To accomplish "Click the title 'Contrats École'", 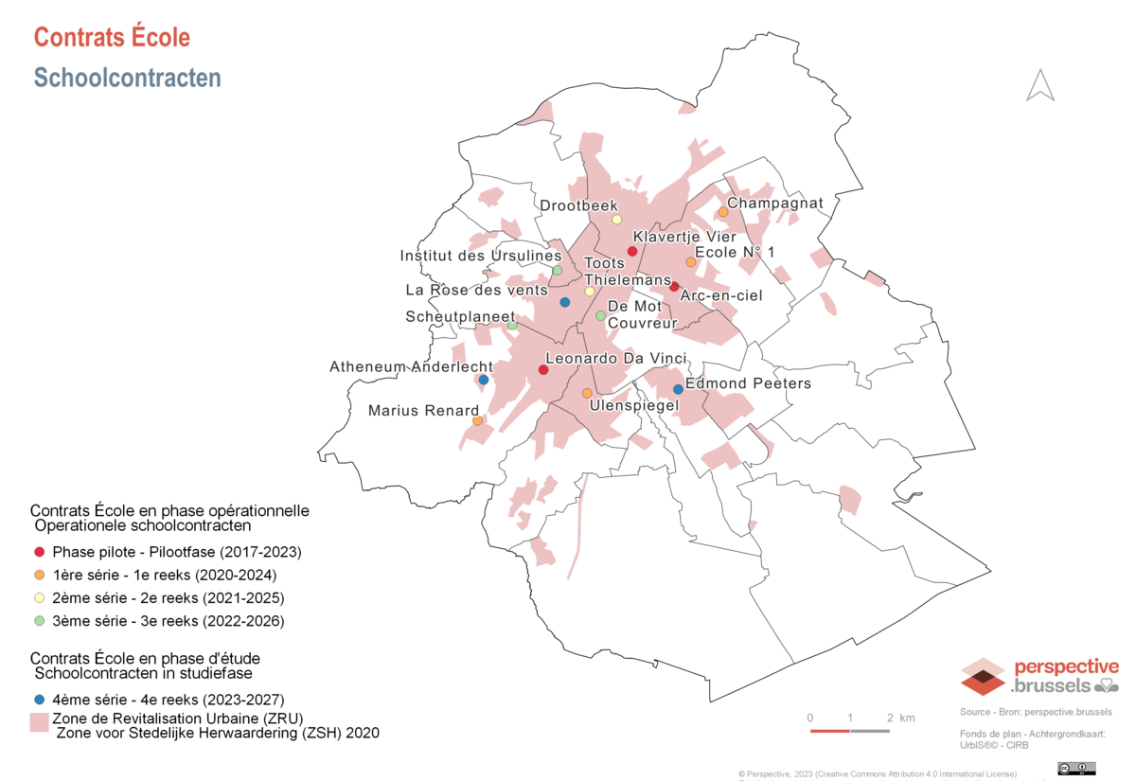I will [x=112, y=37].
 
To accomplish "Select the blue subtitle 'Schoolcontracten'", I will [x=127, y=78].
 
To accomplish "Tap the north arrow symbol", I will [x=1040, y=85].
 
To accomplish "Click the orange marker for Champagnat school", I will [x=723, y=212].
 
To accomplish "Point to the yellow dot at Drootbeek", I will [x=616, y=220].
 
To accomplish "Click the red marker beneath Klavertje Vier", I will [x=631, y=251].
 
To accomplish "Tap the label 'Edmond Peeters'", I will [x=748, y=383].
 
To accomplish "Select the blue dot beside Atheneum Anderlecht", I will [x=484, y=380].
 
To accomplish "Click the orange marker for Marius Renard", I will [x=477, y=421].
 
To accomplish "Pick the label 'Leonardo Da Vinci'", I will [x=615, y=359].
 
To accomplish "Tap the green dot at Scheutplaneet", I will [x=512, y=325].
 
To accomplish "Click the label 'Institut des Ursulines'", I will [x=481, y=256].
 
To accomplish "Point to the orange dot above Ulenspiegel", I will [x=586, y=393].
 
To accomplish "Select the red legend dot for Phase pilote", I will [x=39, y=551].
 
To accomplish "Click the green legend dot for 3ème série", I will [x=39, y=621].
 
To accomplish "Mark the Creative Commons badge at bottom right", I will [x=1076, y=768].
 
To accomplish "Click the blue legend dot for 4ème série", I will [x=39, y=700].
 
